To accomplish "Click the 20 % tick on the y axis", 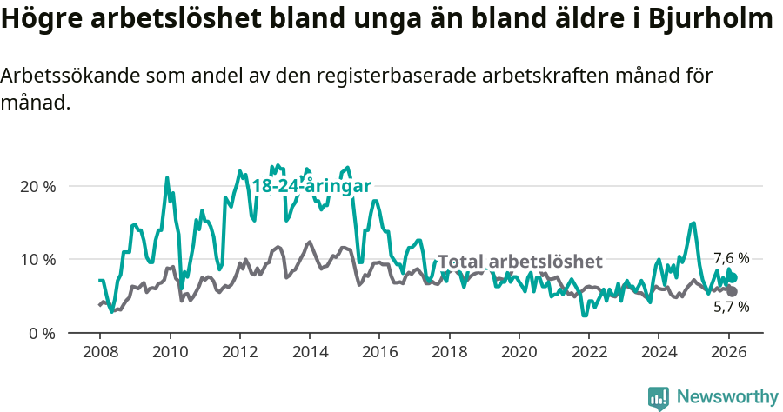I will pyautogui.click(x=37, y=186).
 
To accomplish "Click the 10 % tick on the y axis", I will pyautogui.click(x=37, y=259).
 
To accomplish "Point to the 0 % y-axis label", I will pyautogui.click(x=42, y=332).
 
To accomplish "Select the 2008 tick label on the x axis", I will pyautogui.click(x=99, y=353).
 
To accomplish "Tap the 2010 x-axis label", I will pyautogui.click(x=169, y=353).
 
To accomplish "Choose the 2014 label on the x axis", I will pyautogui.click(x=309, y=353).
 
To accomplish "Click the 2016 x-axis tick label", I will pyautogui.click(x=378, y=353).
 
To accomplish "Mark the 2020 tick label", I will pyautogui.click(x=519, y=353).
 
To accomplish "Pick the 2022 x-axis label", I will pyautogui.click(x=588, y=353).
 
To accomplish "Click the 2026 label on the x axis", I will pyautogui.click(x=728, y=353).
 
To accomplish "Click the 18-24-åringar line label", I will pyautogui.click(x=311, y=186).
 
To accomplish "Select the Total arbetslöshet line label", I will pyautogui.click(x=519, y=262).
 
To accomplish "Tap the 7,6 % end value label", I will pyautogui.click(x=731, y=258).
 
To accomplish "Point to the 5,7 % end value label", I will pyautogui.click(x=731, y=307).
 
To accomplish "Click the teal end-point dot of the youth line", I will pyautogui.click(x=733, y=277).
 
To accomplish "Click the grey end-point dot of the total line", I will pyautogui.click(x=733, y=291).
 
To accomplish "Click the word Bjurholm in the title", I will pyautogui.click(x=710, y=19).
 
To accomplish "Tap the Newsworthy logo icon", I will pyautogui.click(x=659, y=397).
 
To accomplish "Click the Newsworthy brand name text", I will pyautogui.click(x=727, y=396).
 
